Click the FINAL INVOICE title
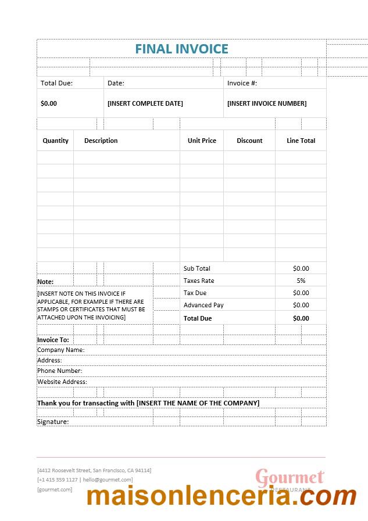click(x=181, y=49)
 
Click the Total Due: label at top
click(x=56, y=83)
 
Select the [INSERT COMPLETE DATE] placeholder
click(x=145, y=103)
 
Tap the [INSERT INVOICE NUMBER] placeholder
click(x=266, y=103)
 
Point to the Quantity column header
click(x=55, y=141)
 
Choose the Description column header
click(x=101, y=141)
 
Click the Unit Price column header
click(x=202, y=141)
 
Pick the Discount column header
click(x=249, y=141)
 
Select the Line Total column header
click(x=301, y=141)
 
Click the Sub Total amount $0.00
click(x=301, y=268)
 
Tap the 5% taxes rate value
click(x=301, y=281)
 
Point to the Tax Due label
click(x=195, y=293)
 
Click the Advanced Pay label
click(x=203, y=305)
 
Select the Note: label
click(x=45, y=282)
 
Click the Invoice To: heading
click(x=53, y=340)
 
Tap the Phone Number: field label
click(x=59, y=371)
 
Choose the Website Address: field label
click(x=62, y=382)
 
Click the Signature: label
click(x=52, y=422)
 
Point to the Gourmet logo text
click(x=290, y=477)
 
